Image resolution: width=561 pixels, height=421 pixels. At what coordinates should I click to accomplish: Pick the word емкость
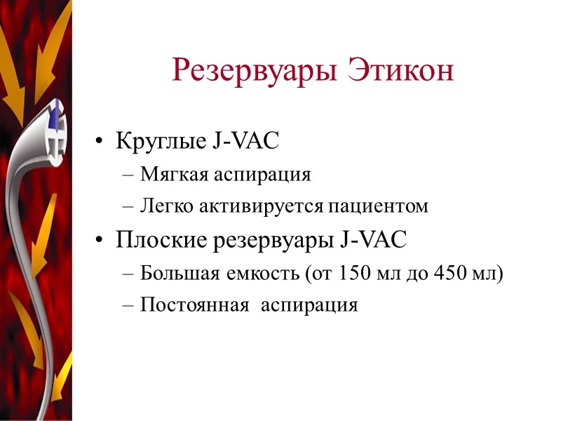tap(257, 273)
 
